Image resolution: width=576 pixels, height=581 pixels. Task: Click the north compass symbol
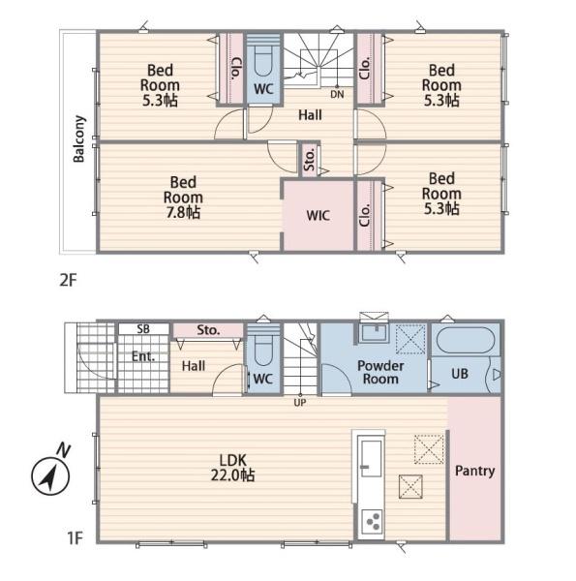tap(50, 474)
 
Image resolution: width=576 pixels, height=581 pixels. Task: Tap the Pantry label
tap(474, 471)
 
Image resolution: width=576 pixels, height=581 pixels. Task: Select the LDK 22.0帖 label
tap(232, 468)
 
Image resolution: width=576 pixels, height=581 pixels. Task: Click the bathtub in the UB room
tap(466, 340)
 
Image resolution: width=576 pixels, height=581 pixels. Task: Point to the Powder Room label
tap(380, 373)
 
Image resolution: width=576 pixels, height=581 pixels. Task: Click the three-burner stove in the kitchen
tap(372, 521)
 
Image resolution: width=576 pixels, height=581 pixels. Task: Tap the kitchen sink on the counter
tap(371, 458)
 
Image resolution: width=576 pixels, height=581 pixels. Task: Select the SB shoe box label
tap(143, 328)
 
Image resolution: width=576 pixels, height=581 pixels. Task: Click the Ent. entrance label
tap(143, 356)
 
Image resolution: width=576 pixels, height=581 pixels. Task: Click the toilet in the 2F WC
tap(263, 60)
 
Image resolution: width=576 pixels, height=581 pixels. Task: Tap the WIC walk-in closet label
tap(318, 215)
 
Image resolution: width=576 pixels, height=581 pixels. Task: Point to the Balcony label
tap(79, 138)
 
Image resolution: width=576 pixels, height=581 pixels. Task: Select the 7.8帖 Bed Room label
tap(183, 198)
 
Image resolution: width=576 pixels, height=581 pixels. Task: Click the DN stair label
tap(337, 95)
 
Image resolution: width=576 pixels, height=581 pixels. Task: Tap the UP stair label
tap(300, 402)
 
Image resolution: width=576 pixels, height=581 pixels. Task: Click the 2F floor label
tap(68, 280)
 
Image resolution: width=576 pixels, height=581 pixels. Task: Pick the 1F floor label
tap(75, 538)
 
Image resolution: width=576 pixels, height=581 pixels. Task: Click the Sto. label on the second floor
tap(309, 160)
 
